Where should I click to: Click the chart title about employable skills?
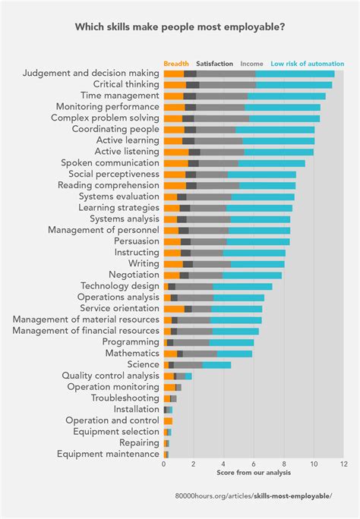coord(179,27)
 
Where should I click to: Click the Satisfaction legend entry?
coord(214,64)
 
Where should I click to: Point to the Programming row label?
coord(131,341)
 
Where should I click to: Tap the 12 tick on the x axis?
coord(343,464)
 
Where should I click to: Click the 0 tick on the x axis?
coord(164,464)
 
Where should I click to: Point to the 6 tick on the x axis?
coord(254,464)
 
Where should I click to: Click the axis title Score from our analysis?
coord(254,473)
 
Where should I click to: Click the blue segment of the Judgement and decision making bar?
coord(295,74)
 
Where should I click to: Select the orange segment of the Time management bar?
coord(174,96)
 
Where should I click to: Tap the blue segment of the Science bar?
coord(216,364)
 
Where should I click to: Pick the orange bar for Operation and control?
coord(168,420)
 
